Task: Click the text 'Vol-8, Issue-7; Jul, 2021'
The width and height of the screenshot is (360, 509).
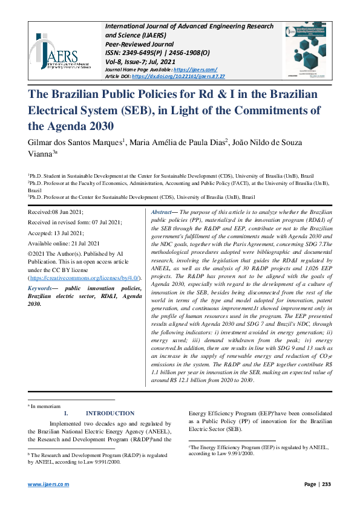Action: (x=140, y=62)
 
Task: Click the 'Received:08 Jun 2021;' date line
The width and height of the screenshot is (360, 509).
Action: (x=56, y=213)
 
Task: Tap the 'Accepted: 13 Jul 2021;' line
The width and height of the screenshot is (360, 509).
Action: (x=57, y=232)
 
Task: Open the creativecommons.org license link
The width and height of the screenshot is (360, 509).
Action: (x=85, y=277)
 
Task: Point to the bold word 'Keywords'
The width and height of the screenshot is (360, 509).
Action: (x=41, y=288)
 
